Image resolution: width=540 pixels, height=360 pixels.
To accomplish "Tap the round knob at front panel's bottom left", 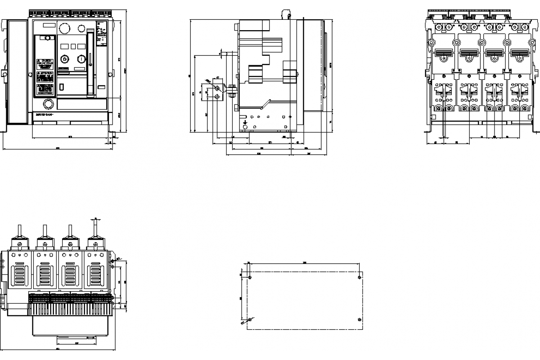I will (47, 105).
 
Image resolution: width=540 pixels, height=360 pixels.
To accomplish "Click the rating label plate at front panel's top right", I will (101, 37).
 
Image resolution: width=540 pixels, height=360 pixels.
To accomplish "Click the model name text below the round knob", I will (44, 115).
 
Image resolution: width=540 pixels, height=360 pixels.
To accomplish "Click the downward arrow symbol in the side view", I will (245, 121).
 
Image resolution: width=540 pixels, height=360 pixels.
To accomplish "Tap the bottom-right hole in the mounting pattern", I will (359, 319).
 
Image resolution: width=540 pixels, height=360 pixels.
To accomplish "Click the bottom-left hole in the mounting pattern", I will (249, 319).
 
